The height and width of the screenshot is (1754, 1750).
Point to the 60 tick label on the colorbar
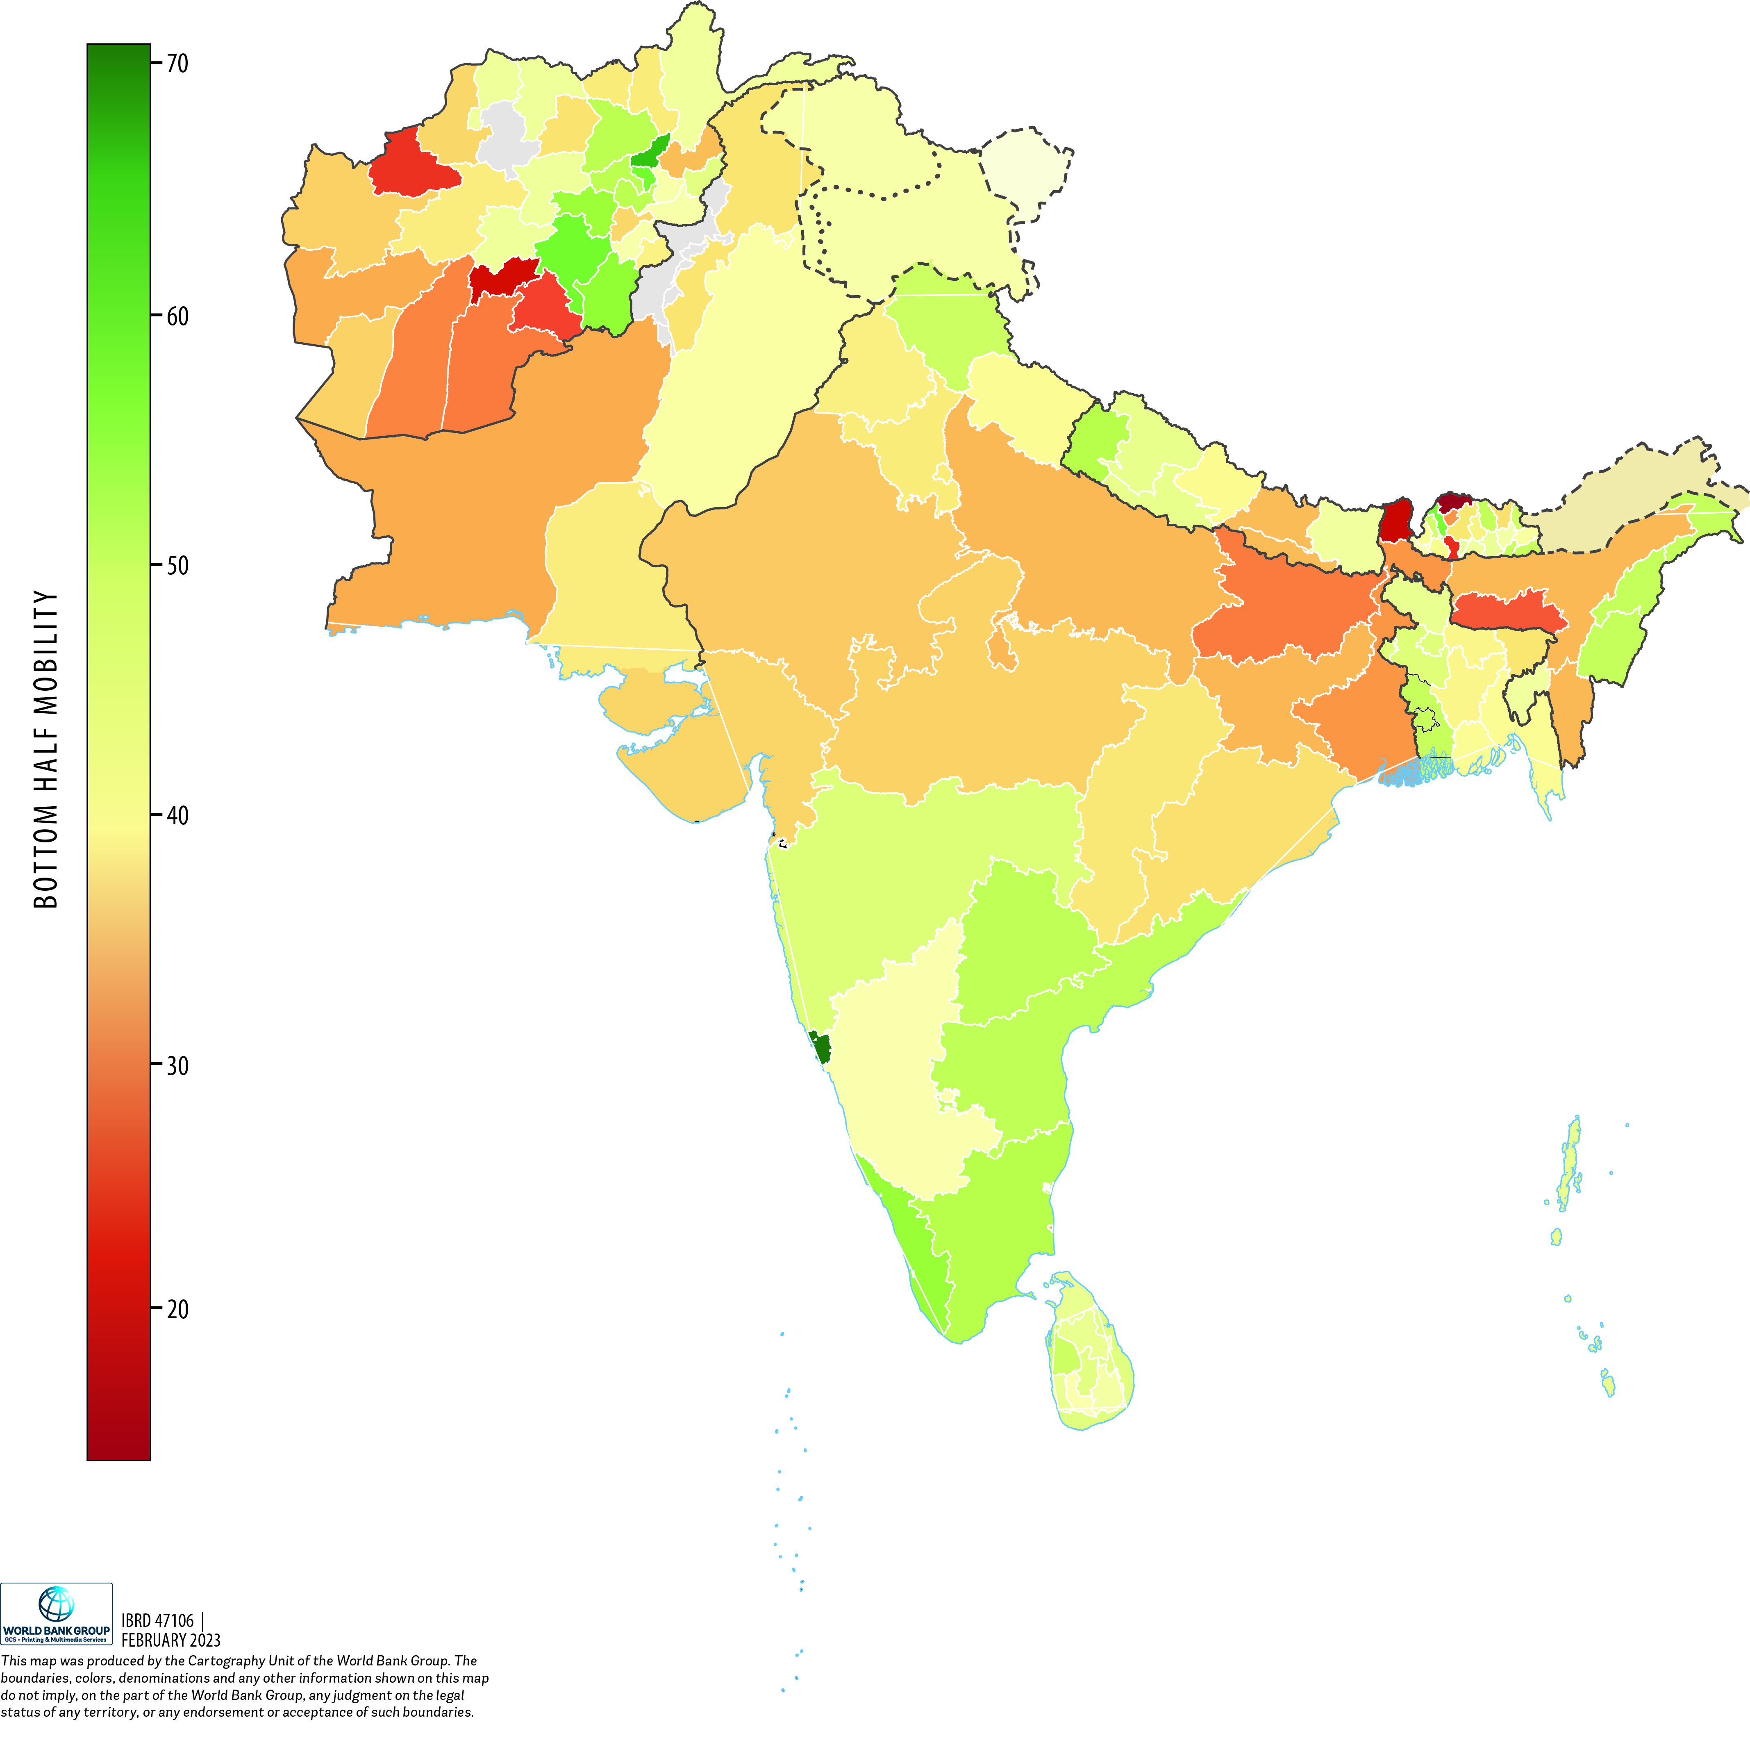click(177, 316)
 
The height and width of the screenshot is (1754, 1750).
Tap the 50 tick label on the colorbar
click(177, 566)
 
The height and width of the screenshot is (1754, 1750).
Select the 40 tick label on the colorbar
click(177, 815)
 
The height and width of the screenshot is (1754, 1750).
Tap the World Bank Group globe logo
click(55, 1604)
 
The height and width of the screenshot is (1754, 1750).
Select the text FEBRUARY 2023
click(170, 1640)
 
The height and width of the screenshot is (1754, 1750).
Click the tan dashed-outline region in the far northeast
click(1625, 508)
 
